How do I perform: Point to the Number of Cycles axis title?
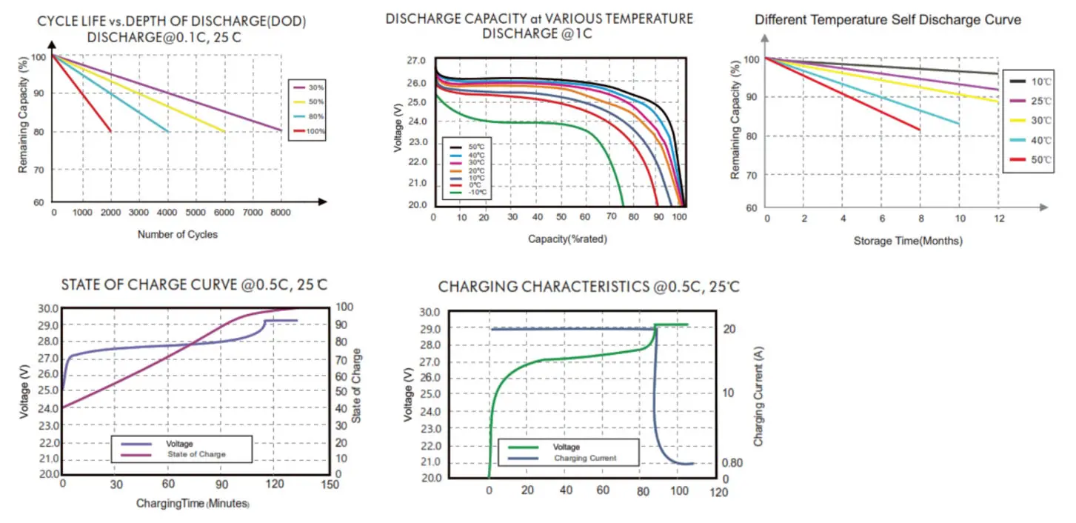[178, 234]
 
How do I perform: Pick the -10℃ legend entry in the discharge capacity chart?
[474, 193]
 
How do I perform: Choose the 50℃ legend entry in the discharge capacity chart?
[474, 147]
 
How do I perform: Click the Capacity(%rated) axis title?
[563, 239]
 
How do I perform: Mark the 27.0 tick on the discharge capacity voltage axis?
[417, 61]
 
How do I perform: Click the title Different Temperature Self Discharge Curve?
[888, 20]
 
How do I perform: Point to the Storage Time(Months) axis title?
[908, 241]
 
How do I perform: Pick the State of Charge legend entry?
[196, 454]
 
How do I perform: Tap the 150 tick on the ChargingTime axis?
[330, 484]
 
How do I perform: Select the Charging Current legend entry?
[585, 459]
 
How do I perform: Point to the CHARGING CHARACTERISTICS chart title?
[589, 287]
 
